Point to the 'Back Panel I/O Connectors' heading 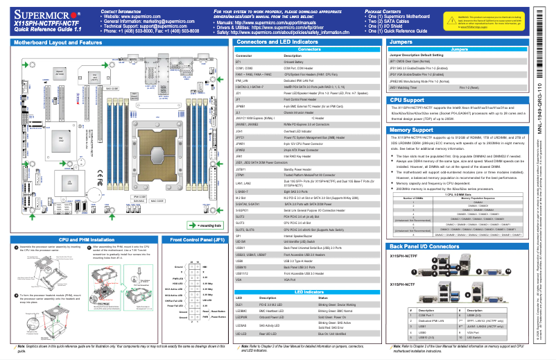[x=424, y=246]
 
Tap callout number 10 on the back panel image [x=508, y=271]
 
